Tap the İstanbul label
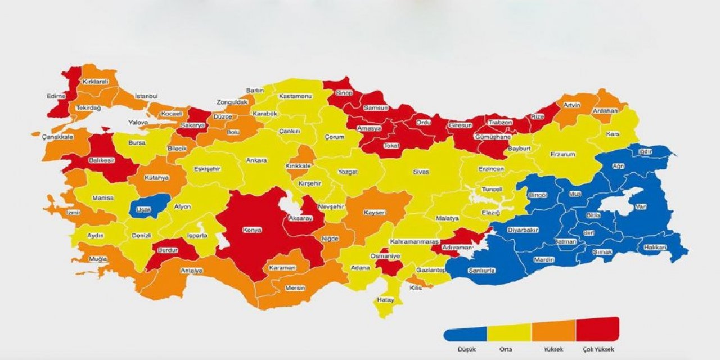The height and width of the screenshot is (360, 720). tap(146, 97)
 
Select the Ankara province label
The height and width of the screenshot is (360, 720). tap(256, 160)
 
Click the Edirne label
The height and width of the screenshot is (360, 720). tap(56, 96)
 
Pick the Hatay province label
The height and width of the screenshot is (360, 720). tap(385, 300)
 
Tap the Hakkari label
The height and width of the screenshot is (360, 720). tap(655, 247)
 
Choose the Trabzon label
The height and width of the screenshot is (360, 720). tap(499, 122)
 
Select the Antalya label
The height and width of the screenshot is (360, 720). tap(191, 271)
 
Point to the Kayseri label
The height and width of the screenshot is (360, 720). tap(375, 213)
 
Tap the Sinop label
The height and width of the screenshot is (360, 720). tap(343, 93)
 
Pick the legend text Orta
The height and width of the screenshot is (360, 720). tap(506, 349)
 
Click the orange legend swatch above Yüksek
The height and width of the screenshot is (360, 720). tap(553, 330)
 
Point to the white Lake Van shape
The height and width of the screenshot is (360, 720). tap(619, 204)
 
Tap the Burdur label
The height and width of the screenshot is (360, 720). tap(168, 249)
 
